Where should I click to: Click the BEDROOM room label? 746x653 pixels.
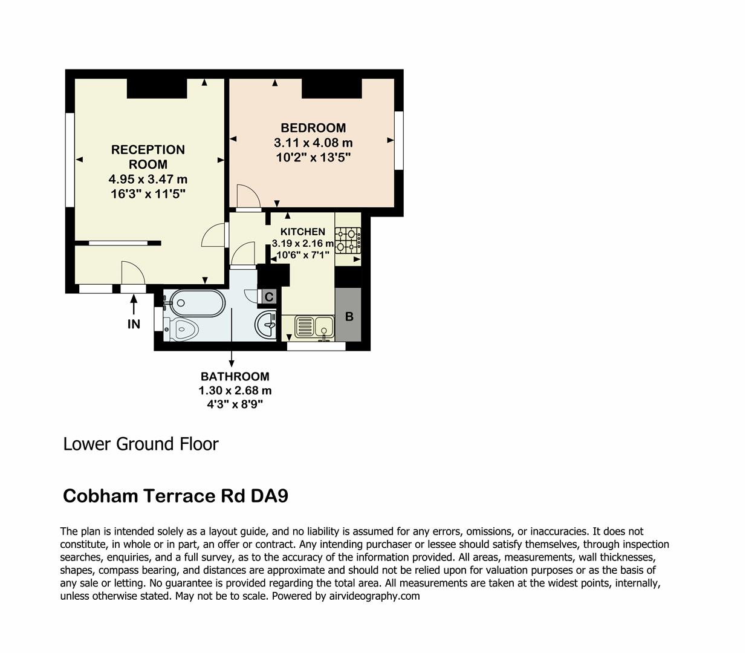tap(313, 128)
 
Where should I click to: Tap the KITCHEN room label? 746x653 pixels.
tap(302, 232)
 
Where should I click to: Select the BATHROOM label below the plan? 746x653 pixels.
tap(235, 377)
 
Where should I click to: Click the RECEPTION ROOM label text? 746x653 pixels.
tap(148, 157)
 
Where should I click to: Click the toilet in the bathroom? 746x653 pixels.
tap(183, 329)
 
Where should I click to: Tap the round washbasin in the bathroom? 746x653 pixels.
tap(266, 325)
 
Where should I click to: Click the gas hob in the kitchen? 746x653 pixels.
tap(348, 239)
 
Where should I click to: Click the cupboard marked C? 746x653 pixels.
tap(269, 297)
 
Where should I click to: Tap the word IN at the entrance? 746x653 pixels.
tap(134, 325)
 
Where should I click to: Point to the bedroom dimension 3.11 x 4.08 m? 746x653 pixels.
tap(313, 143)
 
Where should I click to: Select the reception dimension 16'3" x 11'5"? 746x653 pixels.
tap(148, 194)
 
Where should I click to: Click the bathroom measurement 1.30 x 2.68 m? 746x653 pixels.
tap(235, 391)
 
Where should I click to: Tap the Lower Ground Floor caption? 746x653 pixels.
tap(141, 444)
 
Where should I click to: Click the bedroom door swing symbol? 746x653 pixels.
tap(248, 197)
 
